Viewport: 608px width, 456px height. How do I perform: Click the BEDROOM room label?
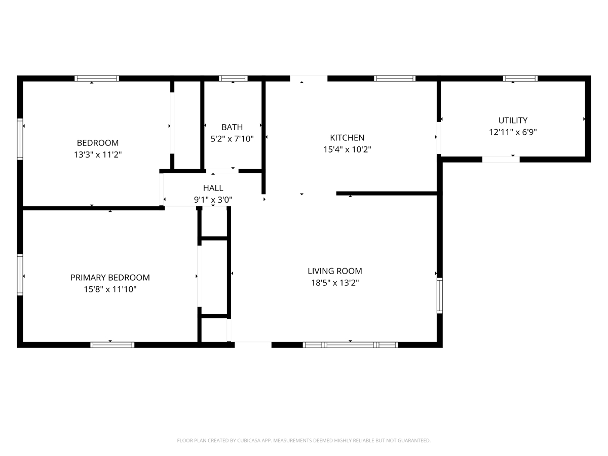pyautogui.click(x=97, y=143)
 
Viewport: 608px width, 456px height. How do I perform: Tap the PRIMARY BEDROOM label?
pyautogui.click(x=110, y=278)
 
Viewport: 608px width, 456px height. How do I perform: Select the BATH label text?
pyautogui.click(x=232, y=127)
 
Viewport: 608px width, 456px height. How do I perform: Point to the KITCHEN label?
pyautogui.click(x=347, y=138)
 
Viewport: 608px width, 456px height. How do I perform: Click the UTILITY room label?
pyautogui.click(x=513, y=121)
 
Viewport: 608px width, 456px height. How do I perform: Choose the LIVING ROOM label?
pyautogui.click(x=335, y=271)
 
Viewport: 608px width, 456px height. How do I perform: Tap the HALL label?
pyautogui.click(x=213, y=188)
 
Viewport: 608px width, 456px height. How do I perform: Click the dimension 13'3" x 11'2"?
pyautogui.click(x=98, y=155)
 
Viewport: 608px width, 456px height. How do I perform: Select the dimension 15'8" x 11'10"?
pyautogui.click(x=110, y=289)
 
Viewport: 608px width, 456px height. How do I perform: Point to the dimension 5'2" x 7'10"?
pyautogui.click(x=232, y=139)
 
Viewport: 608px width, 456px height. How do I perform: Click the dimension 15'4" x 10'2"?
pyautogui.click(x=347, y=149)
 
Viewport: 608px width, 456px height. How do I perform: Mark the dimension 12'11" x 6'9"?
pyautogui.click(x=513, y=132)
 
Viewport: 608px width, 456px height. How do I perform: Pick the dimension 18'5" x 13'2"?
pyautogui.click(x=335, y=283)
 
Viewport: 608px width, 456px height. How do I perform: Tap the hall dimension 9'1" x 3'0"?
pyautogui.click(x=213, y=200)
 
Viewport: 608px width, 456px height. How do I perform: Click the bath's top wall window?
pyautogui.click(x=233, y=79)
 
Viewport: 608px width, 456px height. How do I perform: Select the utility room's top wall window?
pyautogui.click(x=520, y=79)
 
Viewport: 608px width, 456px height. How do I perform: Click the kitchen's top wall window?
pyautogui.click(x=394, y=79)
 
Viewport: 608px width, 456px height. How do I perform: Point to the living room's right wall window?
pyautogui.click(x=440, y=295)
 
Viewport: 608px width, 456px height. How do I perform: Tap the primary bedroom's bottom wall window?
pyautogui.click(x=112, y=345)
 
